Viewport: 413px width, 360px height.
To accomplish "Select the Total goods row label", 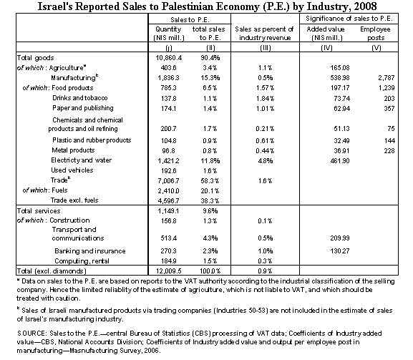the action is (x=35, y=58).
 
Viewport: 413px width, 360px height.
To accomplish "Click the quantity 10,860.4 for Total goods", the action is (x=169, y=58).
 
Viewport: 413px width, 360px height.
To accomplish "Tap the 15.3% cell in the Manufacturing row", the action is (x=210, y=78).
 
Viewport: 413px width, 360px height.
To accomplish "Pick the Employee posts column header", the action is (x=375, y=34).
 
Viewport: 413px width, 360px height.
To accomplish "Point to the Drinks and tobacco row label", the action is (x=80, y=98).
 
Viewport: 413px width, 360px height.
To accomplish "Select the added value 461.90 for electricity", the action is (x=340, y=160).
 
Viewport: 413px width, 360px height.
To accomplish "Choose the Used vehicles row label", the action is (x=72, y=170).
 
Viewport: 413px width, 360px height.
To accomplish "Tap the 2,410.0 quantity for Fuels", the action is (x=169, y=190).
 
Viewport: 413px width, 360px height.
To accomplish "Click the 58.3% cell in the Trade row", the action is (x=210, y=181).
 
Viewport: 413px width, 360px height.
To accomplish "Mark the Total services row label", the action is (x=39, y=211).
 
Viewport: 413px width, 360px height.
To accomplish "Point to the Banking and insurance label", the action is (x=90, y=251).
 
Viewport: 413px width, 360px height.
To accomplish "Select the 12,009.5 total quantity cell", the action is (x=169, y=271).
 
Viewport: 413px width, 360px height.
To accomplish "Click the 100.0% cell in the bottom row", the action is (x=210, y=271).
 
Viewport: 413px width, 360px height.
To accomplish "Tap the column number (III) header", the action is (x=265, y=48).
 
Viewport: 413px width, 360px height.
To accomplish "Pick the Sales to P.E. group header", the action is (x=190, y=20).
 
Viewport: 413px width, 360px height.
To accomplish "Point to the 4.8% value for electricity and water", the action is (x=265, y=160).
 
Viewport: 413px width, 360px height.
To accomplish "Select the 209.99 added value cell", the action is (x=340, y=238).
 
